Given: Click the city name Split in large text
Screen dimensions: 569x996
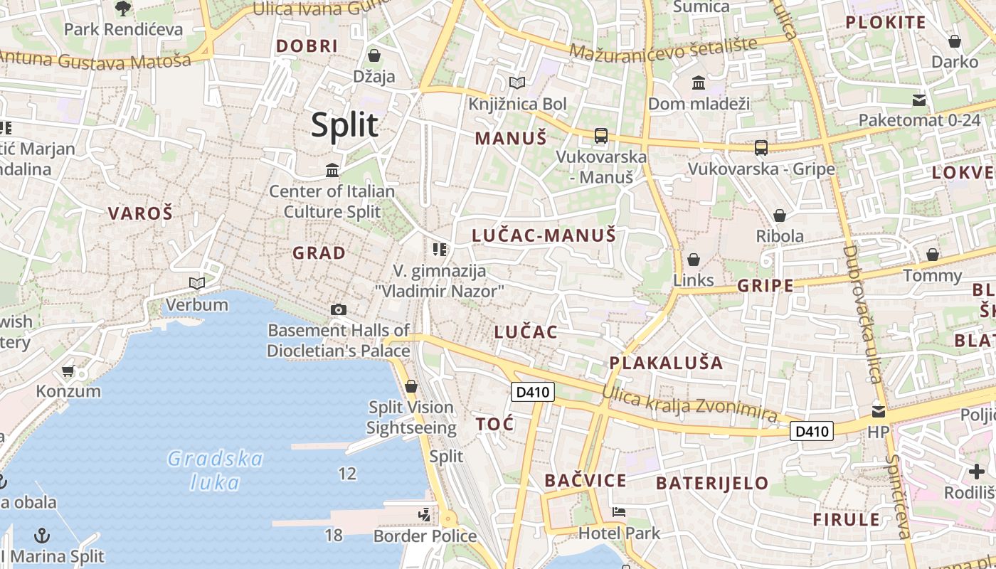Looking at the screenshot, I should point(345,125).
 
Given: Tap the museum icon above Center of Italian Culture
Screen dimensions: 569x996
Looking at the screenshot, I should point(332,170).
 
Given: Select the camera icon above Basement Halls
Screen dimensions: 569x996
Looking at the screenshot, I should point(339,309).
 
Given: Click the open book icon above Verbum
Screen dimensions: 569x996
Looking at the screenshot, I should point(196,283).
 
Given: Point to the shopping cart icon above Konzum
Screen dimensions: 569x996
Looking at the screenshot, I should point(68,371).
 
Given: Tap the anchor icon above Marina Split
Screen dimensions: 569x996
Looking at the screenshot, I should point(43,534).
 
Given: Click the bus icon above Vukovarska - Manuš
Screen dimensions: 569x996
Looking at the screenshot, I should point(601,135).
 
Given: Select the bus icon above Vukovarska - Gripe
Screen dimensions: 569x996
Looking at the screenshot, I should point(761,148).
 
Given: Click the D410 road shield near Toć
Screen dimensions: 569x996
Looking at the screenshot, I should point(533,392).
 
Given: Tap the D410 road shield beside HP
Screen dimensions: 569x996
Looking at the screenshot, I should point(812,431).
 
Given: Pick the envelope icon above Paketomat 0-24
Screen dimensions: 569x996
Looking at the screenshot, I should point(919,100).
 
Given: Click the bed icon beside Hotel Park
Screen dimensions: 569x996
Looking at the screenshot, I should point(619,511).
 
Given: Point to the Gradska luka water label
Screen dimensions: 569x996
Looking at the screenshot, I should point(216,470).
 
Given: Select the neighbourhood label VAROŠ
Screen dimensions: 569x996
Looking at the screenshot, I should point(140,213).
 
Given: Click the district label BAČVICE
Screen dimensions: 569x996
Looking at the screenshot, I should point(586,481).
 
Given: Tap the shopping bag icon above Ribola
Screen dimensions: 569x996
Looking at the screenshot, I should point(780,215).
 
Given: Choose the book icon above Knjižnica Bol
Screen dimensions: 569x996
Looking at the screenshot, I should point(517,83).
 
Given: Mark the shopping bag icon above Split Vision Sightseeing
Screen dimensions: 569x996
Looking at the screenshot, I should point(410,386).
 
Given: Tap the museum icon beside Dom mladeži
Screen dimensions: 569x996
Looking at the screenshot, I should point(698,83).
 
